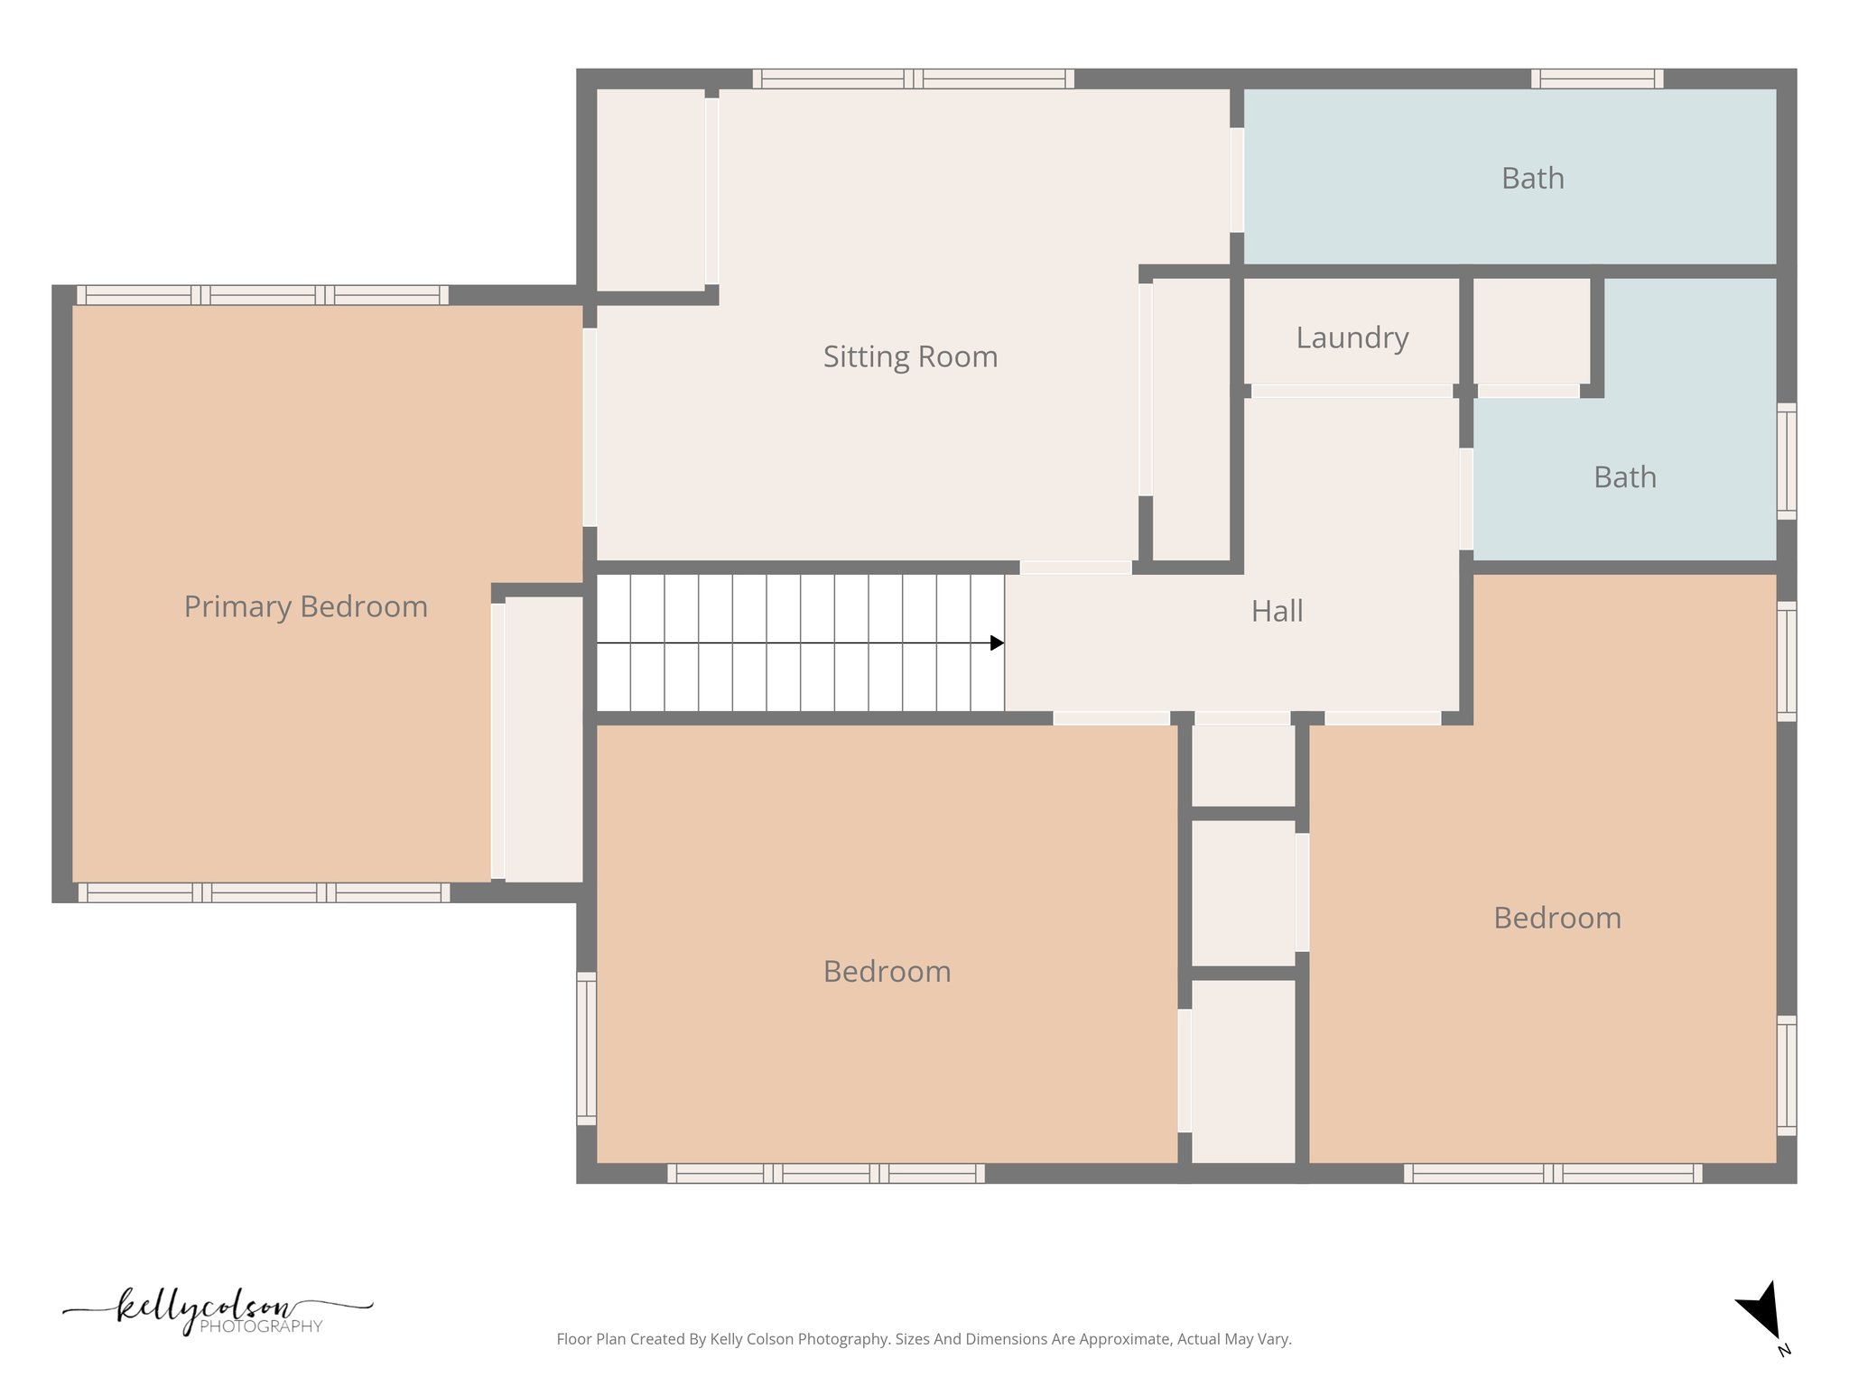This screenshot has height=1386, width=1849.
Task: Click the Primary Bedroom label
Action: tap(305, 607)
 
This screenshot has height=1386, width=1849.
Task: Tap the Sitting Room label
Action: tap(910, 357)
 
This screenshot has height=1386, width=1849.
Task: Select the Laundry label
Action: tap(1352, 338)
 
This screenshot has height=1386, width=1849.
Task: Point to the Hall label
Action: tap(1277, 612)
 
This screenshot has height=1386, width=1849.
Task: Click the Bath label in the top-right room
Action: tap(1532, 179)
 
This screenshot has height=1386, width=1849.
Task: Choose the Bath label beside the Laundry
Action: tap(1624, 477)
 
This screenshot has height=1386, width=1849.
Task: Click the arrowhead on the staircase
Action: tap(997, 643)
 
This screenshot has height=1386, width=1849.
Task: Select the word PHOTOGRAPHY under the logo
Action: tap(261, 1326)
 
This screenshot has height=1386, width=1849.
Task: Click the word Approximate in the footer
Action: tap(1126, 1339)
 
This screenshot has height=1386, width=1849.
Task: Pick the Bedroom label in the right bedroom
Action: tap(1556, 919)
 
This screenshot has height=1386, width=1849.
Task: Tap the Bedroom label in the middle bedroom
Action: tap(887, 972)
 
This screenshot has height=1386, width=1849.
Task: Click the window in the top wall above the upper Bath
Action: tap(1596, 79)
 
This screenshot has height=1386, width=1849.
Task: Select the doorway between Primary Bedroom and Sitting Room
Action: tap(590, 427)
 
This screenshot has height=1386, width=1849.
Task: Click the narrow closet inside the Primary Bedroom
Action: tap(543, 738)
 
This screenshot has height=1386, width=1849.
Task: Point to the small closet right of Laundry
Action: tap(1531, 330)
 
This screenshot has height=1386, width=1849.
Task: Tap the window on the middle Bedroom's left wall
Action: tap(587, 1049)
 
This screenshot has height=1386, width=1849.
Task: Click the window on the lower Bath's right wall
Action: tap(1786, 461)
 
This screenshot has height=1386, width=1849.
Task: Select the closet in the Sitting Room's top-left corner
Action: tap(650, 189)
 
